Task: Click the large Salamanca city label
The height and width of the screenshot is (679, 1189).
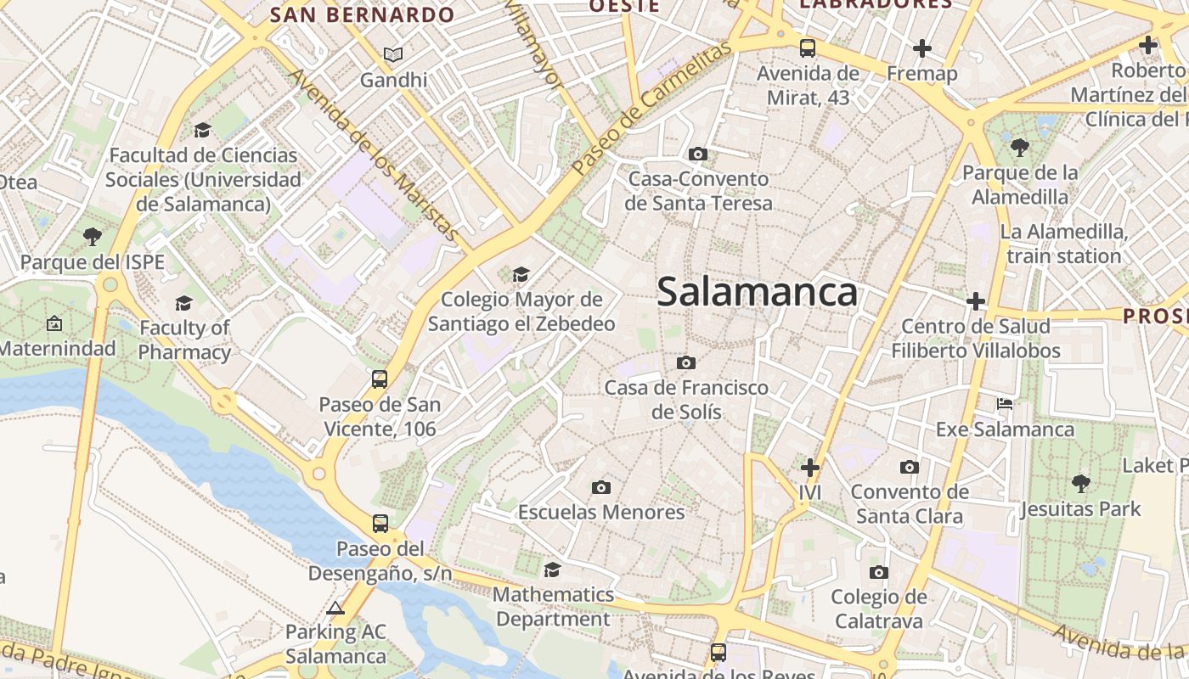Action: pyautogui.click(x=757, y=292)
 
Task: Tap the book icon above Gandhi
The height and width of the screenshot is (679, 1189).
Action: pyautogui.click(x=392, y=54)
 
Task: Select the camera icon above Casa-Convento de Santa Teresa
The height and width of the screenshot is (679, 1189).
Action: pyautogui.click(x=698, y=154)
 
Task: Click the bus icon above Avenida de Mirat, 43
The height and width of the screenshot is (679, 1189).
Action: pyautogui.click(x=808, y=48)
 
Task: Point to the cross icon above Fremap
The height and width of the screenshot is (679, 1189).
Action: pyautogui.click(x=922, y=48)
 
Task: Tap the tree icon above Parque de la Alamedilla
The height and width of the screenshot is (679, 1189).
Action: pyautogui.click(x=1020, y=148)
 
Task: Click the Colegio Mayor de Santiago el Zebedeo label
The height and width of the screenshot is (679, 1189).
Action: pyautogui.click(x=521, y=311)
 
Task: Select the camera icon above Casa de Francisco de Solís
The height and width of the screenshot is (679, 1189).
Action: pyautogui.click(x=686, y=362)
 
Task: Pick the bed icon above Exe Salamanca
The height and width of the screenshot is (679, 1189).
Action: pyautogui.click(x=1005, y=403)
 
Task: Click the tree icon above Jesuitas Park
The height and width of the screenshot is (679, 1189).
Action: pyautogui.click(x=1080, y=484)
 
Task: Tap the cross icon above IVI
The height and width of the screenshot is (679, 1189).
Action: pyautogui.click(x=811, y=467)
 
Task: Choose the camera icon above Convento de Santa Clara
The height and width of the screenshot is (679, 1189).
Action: pyautogui.click(x=910, y=467)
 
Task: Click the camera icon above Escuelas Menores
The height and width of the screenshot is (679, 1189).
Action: pyautogui.click(x=601, y=487)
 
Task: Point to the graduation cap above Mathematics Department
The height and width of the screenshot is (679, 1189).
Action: pyautogui.click(x=553, y=569)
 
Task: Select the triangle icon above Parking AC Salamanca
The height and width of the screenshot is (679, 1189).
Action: pyautogui.click(x=335, y=608)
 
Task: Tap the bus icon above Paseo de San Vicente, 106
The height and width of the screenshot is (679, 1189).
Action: pyautogui.click(x=380, y=379)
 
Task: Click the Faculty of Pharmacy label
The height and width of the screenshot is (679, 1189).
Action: pyautogui.click(x=184, y=339)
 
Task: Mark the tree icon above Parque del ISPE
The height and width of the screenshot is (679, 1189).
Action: pyautogui.click(x=92, y=237)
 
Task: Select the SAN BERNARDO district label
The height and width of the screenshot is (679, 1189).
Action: pyautogui.click(x=363, y=14)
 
